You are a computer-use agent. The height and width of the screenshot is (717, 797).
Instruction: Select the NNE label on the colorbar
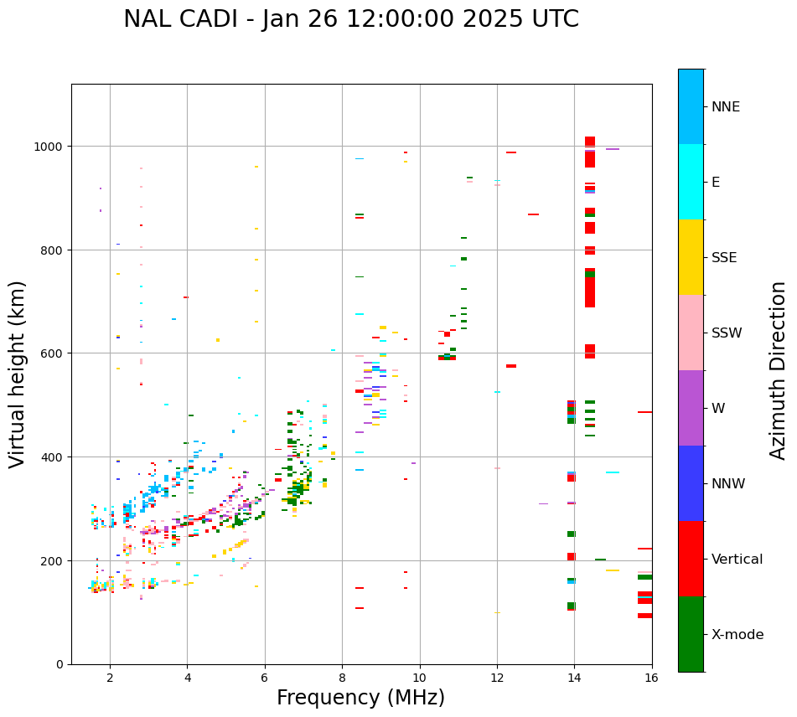[x=737, y=106]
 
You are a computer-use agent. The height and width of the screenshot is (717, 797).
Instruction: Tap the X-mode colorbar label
[x=737, y=635]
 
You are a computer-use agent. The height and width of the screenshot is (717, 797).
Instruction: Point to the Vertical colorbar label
[x=737, y=560]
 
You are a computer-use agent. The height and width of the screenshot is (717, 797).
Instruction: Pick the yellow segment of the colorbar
[x=691, y=257]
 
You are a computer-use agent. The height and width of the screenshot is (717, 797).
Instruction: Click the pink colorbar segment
[x=691, y=333]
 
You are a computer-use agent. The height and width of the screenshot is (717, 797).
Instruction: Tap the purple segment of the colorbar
[x=691, y=408]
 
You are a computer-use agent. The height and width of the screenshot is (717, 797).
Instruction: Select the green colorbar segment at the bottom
[x=691, y=634]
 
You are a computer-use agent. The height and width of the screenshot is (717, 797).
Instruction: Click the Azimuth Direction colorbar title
[x=779, y=370]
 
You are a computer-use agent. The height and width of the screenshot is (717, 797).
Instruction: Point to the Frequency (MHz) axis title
[x=360, y=698]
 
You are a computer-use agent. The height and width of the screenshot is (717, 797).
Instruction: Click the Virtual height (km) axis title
[x=18, y=374]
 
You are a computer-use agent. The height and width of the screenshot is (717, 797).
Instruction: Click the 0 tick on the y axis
[x=60, y=664]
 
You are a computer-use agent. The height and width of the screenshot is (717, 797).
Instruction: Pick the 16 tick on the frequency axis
[x=651, y=677]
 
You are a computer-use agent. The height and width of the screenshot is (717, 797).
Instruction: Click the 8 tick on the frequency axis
[x=342, y=677]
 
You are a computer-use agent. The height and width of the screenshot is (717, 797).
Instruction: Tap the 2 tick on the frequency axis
[x=110, y=677]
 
